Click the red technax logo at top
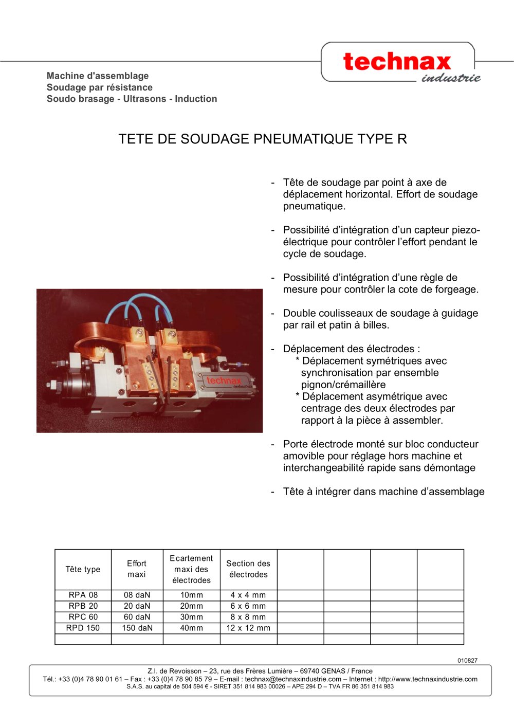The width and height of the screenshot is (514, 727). [397, 62]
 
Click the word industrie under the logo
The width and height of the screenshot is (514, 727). [451, 78]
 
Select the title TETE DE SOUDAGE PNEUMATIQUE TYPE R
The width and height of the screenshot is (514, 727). [263, 139]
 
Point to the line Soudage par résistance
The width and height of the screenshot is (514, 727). [99, 87]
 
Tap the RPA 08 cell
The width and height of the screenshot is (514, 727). [83, 595]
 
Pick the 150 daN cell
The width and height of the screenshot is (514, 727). [137, 628]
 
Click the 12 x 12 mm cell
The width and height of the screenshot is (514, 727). [248, 628]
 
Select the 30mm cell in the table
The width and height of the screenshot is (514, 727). [191, 617]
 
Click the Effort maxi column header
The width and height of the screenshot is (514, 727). [137, 569]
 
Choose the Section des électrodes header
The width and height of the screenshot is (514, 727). [248, 569]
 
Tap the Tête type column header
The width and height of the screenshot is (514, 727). [83, 569]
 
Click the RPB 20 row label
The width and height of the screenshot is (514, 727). [83, 606]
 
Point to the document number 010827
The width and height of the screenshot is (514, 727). [467, 661]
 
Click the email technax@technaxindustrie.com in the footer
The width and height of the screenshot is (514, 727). [293, 679]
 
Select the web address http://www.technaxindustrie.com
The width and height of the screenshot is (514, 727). [428, 679]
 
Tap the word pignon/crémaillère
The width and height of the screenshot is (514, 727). [343, 385]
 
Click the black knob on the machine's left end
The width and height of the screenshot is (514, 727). [67, 384]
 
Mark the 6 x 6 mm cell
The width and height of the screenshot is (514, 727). [248, 606]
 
